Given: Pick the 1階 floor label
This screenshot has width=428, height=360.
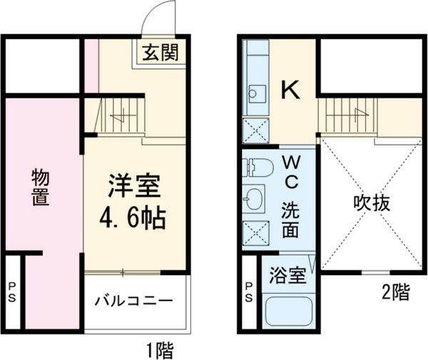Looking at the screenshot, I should coord(160,349).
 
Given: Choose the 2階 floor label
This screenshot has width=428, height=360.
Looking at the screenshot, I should coord(394,292).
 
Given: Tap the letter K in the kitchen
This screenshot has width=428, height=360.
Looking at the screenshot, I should coord(289,90).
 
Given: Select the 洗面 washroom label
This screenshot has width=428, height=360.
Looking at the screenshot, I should coord(291,220).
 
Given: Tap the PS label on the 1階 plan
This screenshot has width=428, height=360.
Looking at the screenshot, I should coord(12,292).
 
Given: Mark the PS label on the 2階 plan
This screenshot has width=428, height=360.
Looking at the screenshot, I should coord(248,292).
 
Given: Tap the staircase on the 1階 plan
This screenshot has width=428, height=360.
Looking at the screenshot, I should coord(118,115).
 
